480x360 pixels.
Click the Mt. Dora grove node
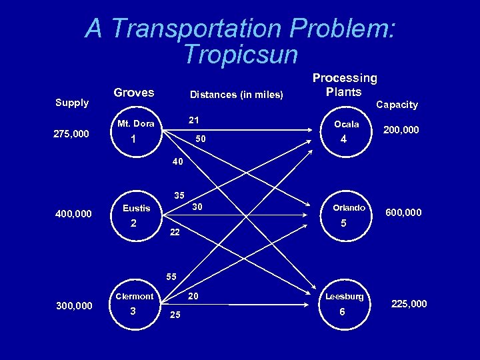pos(135,133)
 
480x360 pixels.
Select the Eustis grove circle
pos(135,217)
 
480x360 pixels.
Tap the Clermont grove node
pos(134,303)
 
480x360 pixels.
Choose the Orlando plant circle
pos(344,216)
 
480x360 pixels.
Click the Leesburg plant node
pos(343,303)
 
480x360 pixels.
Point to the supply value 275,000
pos(71,134)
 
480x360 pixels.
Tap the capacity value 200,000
pos(400,130)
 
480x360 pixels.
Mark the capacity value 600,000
pos(403,213)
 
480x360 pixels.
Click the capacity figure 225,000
pos(408,304)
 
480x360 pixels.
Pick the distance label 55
pos(172,276)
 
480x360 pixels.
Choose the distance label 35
pos(179,196)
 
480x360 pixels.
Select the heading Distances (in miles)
pos(237,94)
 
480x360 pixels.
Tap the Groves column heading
pos(134,93)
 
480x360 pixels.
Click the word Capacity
pos(397,104)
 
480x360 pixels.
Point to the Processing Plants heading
pos(345,85)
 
